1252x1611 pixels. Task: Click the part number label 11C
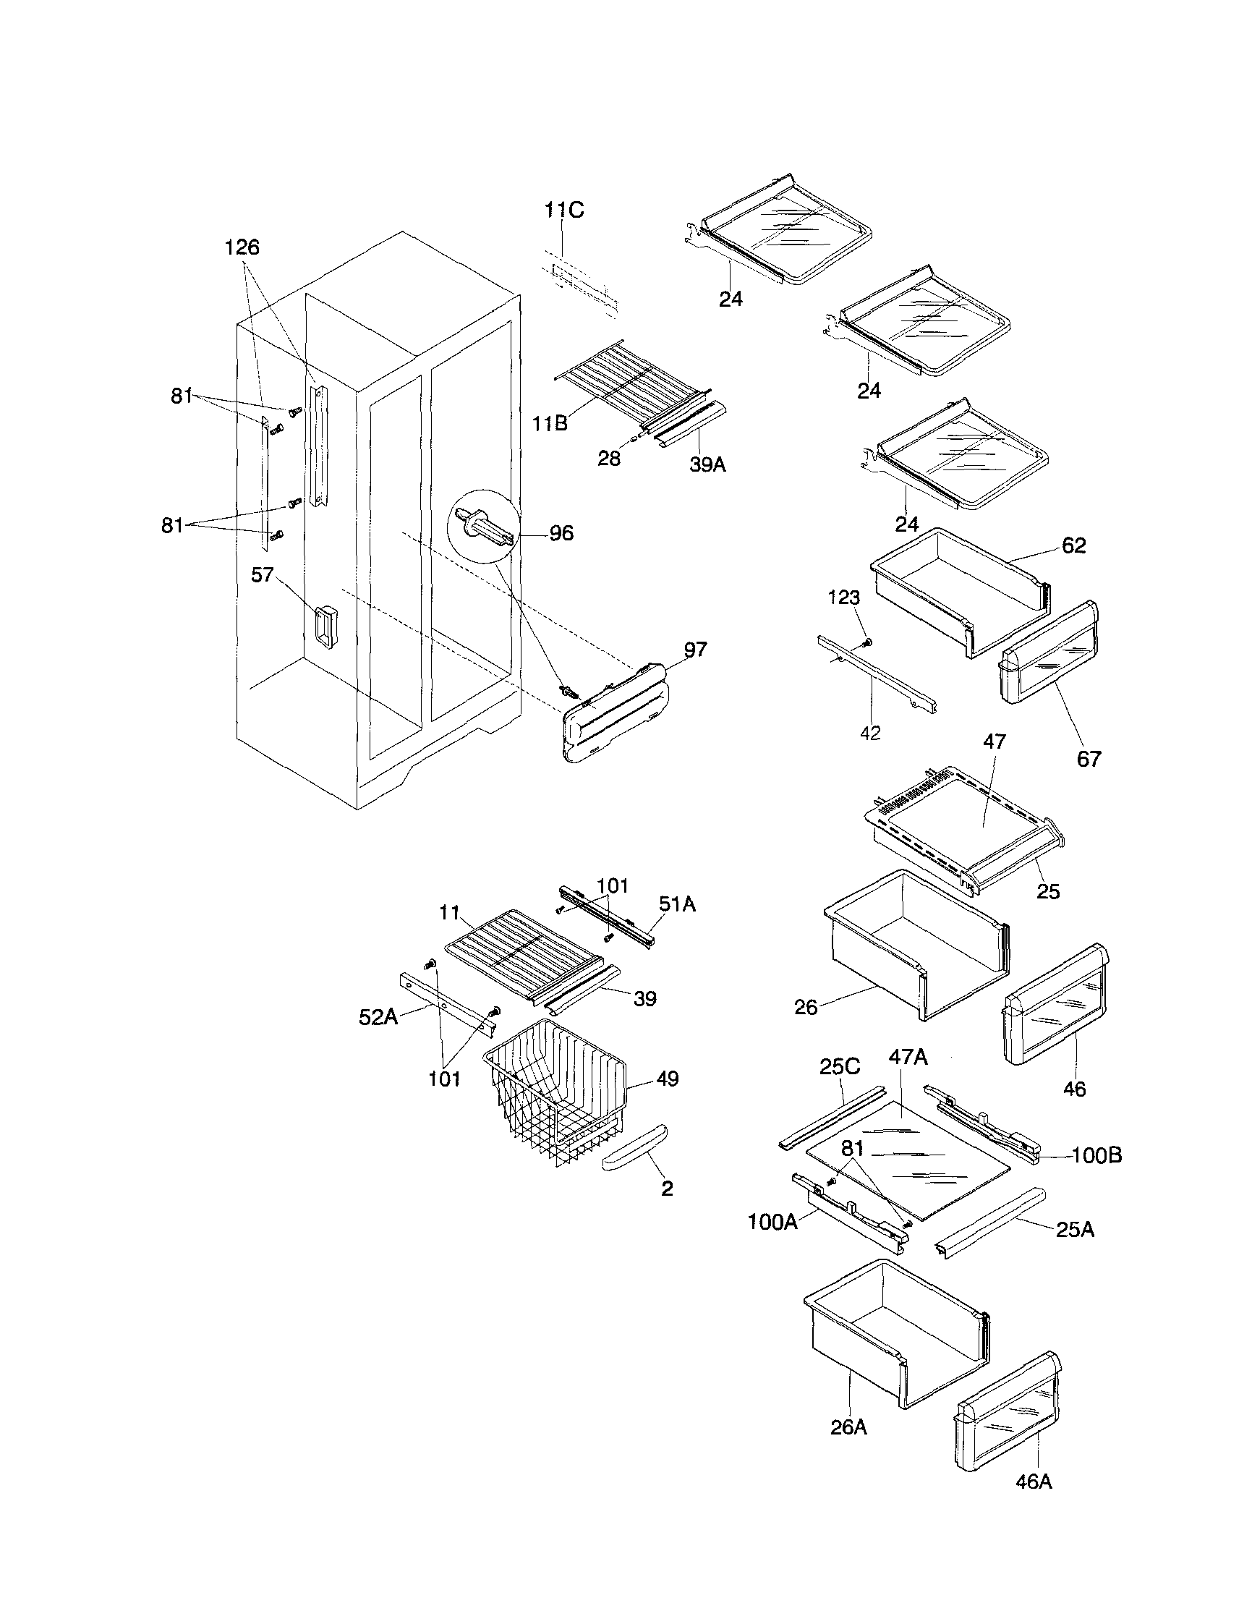564,211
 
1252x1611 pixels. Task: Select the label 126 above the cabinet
242,247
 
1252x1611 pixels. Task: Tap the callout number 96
562,533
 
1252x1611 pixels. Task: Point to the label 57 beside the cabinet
263,574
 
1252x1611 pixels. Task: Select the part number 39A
707,464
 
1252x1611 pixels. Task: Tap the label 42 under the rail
870,734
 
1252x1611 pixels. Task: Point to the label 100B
1096,1155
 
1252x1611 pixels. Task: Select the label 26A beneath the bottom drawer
848,1427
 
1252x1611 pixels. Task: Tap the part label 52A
378,1018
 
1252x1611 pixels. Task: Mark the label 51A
677,904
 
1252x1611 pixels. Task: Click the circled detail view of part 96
483,527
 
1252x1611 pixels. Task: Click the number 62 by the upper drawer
1073,545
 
